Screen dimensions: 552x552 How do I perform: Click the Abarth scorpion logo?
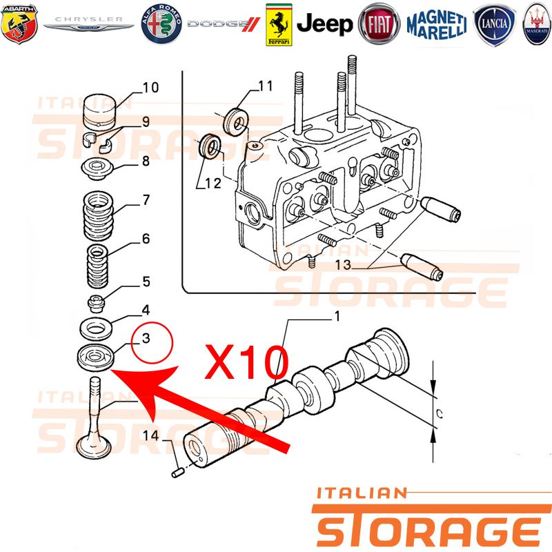[x=19, y=23]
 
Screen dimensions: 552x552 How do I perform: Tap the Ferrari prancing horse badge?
[x=279, y=25]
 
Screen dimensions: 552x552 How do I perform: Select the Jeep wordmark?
[x=324, y=24]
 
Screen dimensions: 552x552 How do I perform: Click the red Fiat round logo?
[x=379, y=24]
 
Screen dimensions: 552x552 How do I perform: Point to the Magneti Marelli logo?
[x=437, y=25]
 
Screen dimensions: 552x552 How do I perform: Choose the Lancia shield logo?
[x=494, y=25]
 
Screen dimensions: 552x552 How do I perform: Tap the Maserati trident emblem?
[x=537, y=24]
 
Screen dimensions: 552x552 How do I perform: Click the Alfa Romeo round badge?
[x=161, y=24]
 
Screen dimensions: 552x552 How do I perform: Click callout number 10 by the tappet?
[x=150, y=88]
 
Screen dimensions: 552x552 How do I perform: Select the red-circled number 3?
[x=146, y=338]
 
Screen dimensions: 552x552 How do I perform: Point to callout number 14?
[x=151, y=436]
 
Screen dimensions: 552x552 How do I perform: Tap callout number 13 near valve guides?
[x=343, y=265]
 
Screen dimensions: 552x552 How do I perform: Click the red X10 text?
[x=247, y=362]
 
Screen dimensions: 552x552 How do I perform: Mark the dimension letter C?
[x=439, y=414]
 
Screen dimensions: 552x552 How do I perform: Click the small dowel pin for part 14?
[x=177, y=473]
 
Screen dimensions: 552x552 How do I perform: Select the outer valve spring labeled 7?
[x=98, y=215]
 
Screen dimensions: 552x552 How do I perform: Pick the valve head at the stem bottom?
[x=94, y=447]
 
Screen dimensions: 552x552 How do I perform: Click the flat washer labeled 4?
[x=96, y=329]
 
